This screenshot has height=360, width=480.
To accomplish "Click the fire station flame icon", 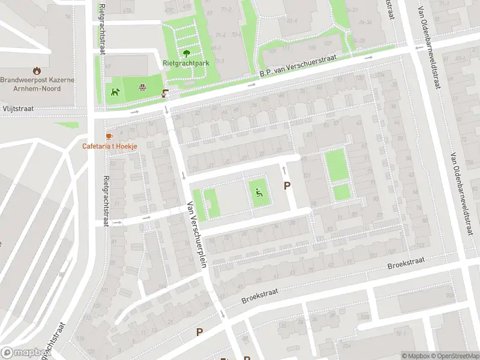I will (x=37, y=70).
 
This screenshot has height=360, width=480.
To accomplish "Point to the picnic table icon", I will (x=143, y=88).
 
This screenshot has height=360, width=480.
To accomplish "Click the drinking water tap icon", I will (x=165, y=93).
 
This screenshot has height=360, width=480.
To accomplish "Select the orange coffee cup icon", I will (x=109, y=136).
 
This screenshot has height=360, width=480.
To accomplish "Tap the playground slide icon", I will (x=259, y=193).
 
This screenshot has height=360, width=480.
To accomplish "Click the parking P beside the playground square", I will (x=287, y=187).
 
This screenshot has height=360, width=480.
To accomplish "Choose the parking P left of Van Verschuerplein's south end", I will (x=200, y=332).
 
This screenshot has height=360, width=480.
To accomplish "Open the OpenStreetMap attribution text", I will (x=453, y=356).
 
